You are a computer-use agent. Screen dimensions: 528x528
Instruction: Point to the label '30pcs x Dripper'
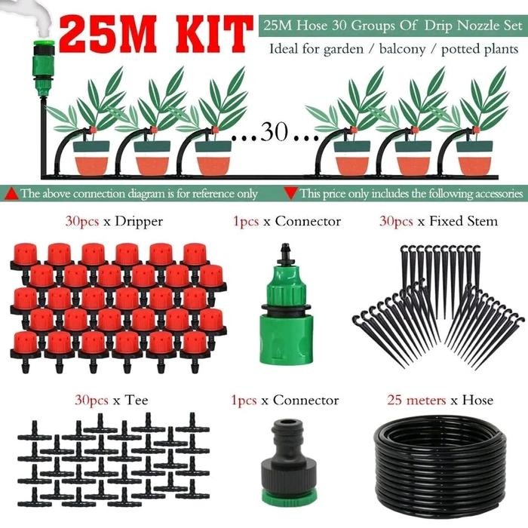[x=115, y=221]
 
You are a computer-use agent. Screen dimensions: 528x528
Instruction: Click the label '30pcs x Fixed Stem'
[x=437, y=221]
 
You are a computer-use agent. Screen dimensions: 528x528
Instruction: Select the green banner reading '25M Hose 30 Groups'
[x=391, y=25]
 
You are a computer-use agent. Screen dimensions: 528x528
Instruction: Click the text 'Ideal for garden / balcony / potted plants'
[x=394, y=49]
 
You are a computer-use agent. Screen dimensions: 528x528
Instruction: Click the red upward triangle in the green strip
[x=11, y=194]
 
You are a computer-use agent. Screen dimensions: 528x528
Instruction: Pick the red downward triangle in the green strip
[x=291, y=194]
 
